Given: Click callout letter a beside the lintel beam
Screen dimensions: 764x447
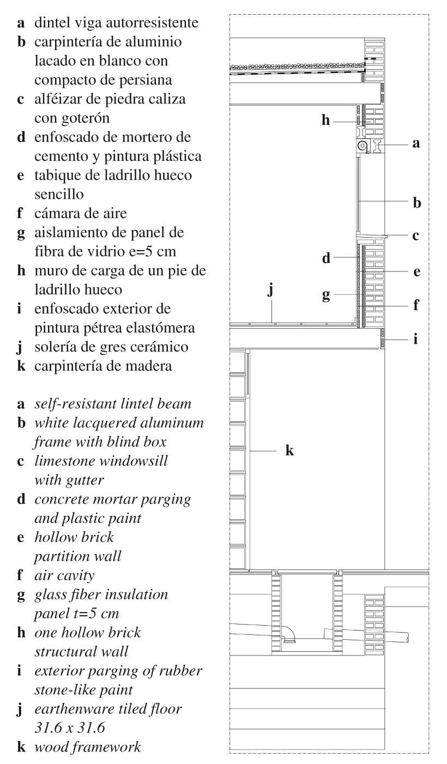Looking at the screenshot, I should click(417, 144).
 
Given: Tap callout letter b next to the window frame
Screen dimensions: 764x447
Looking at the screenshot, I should click(417, 203).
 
